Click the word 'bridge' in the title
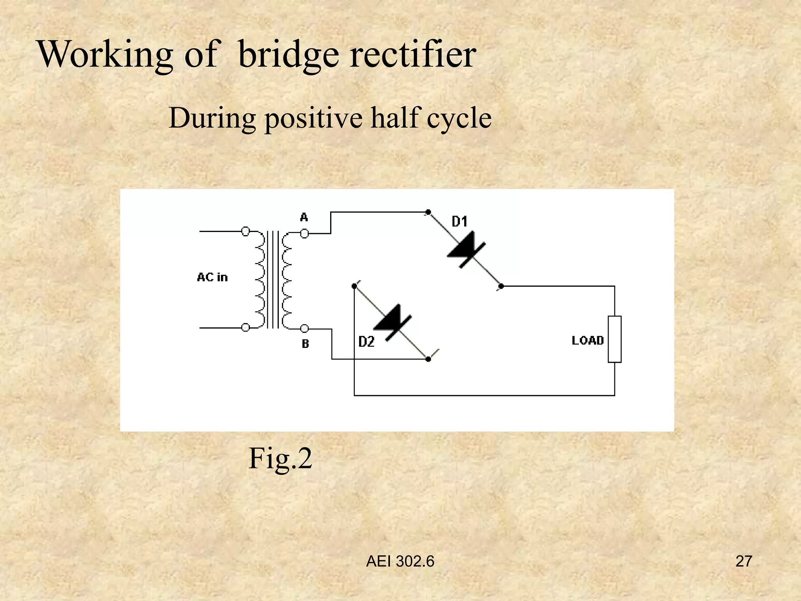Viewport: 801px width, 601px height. click(x=288, y=55)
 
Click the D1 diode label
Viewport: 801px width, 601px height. click(x=460, y=222)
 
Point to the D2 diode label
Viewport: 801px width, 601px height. click(x=366, y=342)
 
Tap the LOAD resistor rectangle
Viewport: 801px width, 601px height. click(x=614, y=339)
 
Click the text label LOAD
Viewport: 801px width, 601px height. click(x=587, y=340)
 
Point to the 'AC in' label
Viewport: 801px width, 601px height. click(x=212, y=277)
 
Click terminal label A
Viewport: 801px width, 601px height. click(x=304, y=217)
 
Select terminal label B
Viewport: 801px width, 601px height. click(x=305, y=344)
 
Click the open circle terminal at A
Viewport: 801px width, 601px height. click(x=304, y=234)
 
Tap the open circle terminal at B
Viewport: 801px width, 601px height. click(x=304, y=329)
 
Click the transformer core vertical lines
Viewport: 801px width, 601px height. click(x=273, y=279)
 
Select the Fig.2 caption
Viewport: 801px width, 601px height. click(x=280, y=458)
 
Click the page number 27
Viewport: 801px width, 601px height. click(x=744, y=561)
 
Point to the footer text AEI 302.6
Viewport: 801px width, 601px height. click(x=400, y=561)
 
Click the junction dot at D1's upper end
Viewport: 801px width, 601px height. click(x=428, y=212)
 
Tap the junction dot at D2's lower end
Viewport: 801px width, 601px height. click(x=428, y=359)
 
